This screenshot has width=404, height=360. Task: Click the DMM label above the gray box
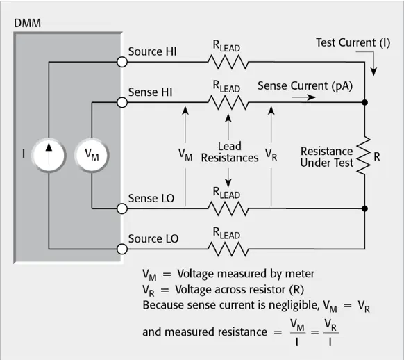tap(27, 23)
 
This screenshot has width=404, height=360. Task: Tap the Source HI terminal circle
tap(122, 62)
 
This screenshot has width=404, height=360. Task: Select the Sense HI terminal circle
tap(122, 103)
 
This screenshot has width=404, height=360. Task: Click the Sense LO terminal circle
tap(122, 208)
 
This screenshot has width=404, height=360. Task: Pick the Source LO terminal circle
tap(122, 249)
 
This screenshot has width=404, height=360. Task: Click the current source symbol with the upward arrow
tap(49, 156)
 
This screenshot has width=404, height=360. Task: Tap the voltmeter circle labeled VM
tap(92, 156)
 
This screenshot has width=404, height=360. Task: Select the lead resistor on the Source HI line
tap(228, 62)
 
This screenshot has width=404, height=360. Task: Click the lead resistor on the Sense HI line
tap(228, 103)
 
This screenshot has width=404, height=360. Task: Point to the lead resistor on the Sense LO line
tap(228, 208)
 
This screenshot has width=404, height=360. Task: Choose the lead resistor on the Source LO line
tap(228, 249)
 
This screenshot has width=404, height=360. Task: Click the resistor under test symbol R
tap(364, 156)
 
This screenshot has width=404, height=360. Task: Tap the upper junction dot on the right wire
tap(364, 102)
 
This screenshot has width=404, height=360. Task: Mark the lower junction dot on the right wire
tap(364, 208)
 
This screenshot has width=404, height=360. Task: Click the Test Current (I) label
tap(353, 43)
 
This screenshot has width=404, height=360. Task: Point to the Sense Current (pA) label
tap(305, 86)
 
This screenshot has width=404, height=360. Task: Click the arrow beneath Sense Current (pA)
tap(303, 97)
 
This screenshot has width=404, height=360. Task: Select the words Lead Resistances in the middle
tap(230, 152)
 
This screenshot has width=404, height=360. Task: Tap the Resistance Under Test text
tap(326, 157)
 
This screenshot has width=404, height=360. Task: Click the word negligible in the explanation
tap(293, 305)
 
